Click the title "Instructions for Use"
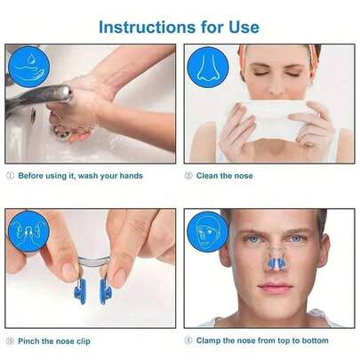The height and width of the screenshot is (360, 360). (x=180, y=26)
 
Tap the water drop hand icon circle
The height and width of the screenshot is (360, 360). (x=28, y=66)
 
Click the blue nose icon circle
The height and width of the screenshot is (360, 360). (x=207, y=66)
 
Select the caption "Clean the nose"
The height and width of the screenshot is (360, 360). (x=226, y=176)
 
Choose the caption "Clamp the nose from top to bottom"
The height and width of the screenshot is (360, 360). (x=263, y=340)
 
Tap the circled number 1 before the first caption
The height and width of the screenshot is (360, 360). (x=11, y=176)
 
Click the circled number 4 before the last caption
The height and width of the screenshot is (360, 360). (x=189, y=340)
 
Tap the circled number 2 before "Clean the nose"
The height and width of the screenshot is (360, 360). (x=189, y=176)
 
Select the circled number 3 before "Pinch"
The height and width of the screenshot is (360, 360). (x=11, y=340)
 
